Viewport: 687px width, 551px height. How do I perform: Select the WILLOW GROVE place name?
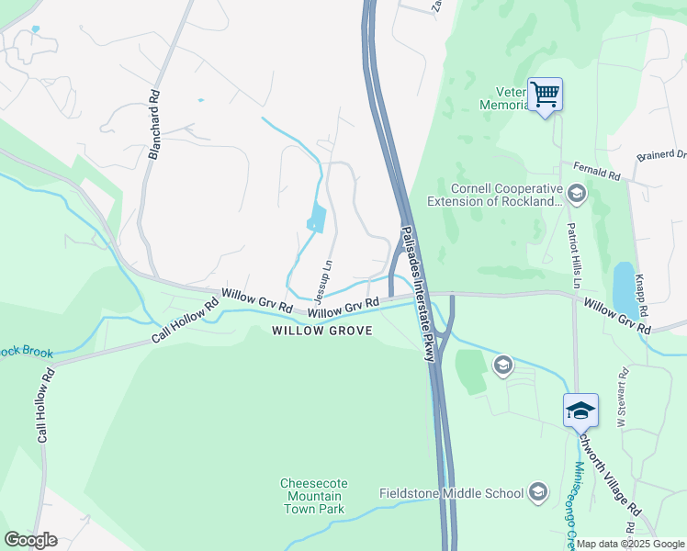coord(322,331)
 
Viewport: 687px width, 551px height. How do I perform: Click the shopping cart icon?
coord(545,93)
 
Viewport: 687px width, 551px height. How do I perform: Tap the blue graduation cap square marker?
coord(580,410)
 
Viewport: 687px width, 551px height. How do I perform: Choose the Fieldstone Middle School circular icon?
coord(538,493)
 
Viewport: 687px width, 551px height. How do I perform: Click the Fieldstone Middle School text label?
coord(451,493)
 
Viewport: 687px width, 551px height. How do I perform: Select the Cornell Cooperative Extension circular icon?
coord(577,193)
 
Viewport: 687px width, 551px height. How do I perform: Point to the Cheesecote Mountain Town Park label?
coord(313,496)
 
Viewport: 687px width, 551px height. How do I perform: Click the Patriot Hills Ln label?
coord(572,255)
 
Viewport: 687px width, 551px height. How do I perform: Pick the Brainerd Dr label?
coord(667,153)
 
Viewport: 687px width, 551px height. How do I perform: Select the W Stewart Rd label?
coord(622,397)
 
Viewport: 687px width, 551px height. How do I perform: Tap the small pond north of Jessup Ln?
coord(317,218)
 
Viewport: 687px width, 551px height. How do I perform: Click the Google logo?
coord(30,539)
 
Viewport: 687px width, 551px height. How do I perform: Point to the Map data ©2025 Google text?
coord(630,544)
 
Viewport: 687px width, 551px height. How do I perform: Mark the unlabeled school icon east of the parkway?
coord(502,365)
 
